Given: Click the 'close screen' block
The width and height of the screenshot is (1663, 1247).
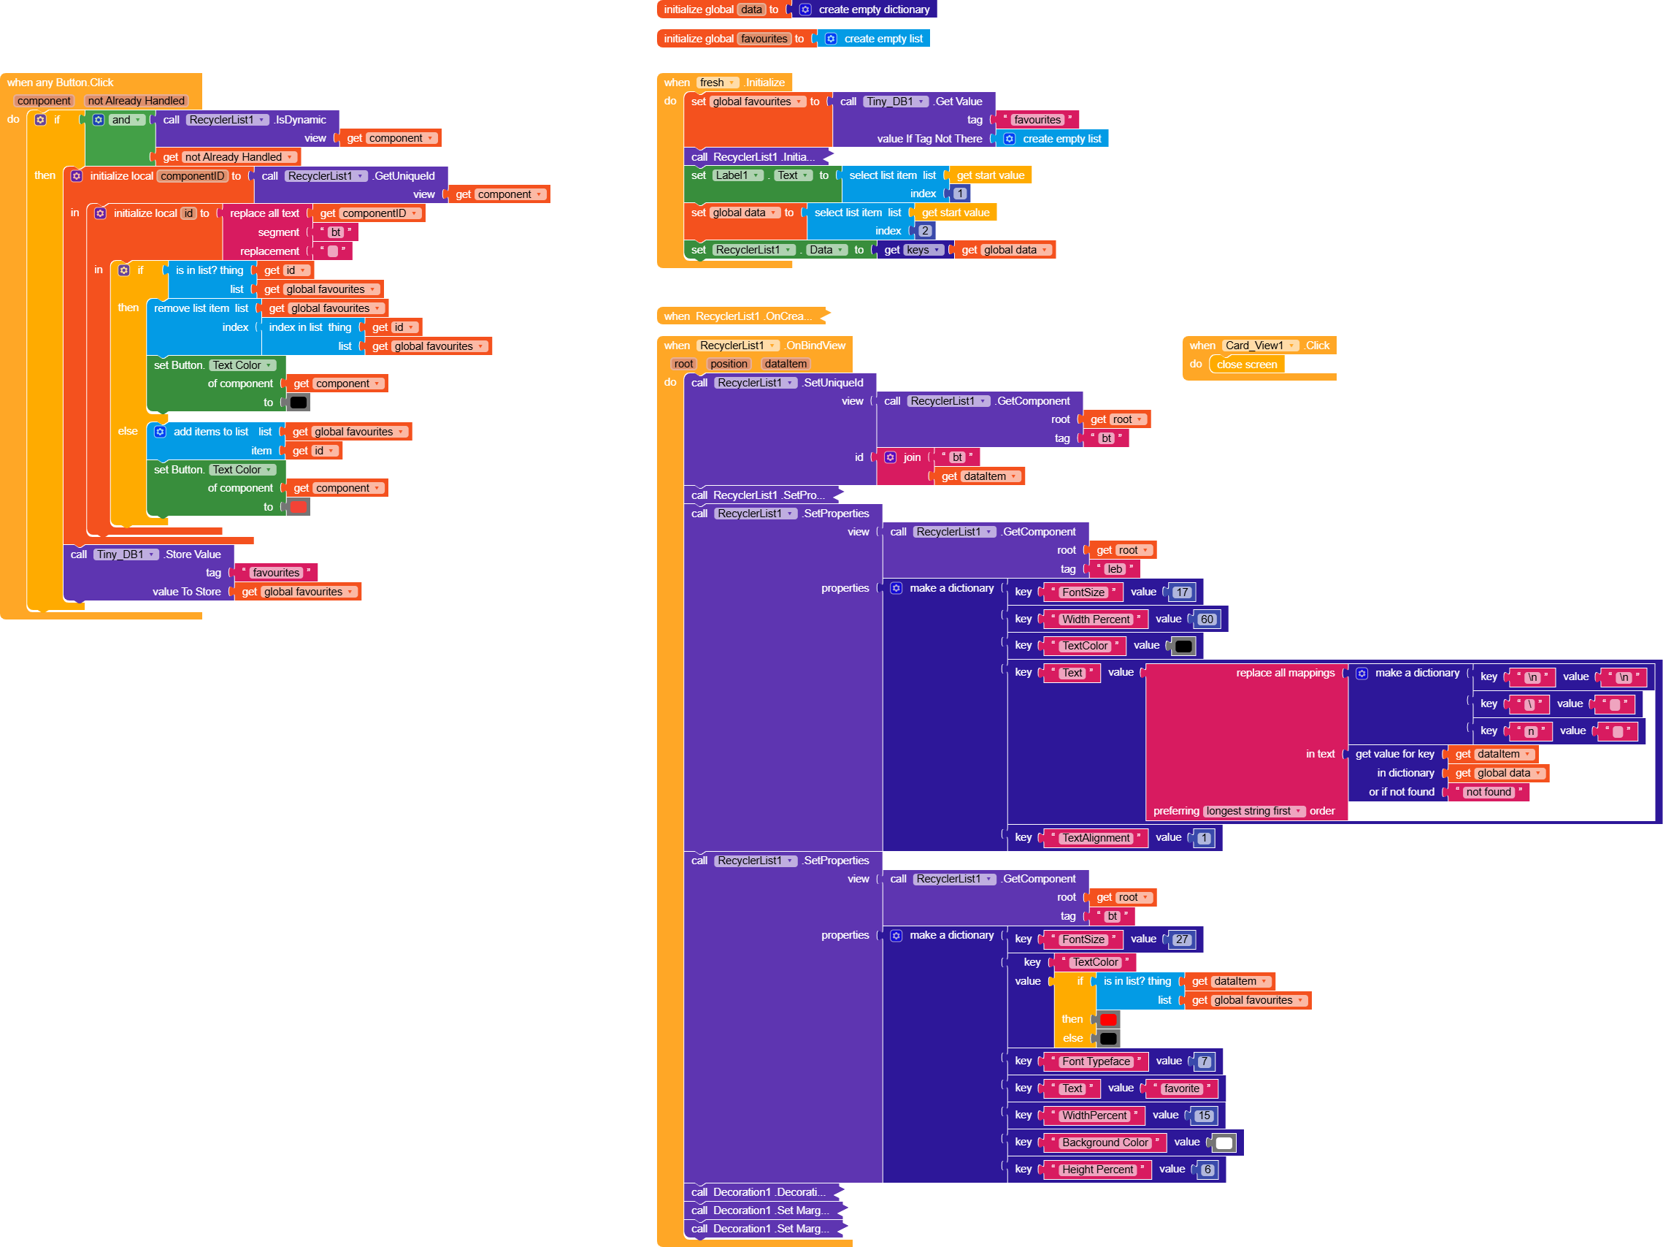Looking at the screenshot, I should [1246, 365].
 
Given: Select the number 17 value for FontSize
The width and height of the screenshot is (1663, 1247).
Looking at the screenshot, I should [1182, 592].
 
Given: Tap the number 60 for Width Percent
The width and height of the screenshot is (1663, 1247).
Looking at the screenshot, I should [1207, 619].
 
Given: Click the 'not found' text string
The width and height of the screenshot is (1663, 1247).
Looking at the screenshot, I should [1488, 792].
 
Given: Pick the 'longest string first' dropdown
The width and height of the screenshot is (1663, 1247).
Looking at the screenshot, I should [1254, 811].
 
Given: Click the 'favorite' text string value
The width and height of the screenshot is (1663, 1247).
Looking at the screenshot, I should [1181, 1088].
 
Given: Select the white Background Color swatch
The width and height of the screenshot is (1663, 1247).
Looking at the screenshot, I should [1224, 1143].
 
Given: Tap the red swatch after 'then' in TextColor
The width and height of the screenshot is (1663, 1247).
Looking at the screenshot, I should [1108, 1019].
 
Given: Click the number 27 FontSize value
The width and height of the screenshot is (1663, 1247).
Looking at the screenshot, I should [1182, 939].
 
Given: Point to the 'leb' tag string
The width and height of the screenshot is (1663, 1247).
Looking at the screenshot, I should [1115, 569].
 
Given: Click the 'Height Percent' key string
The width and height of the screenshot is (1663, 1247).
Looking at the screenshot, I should [1097, 1170].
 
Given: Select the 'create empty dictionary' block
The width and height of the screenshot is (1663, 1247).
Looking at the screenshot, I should [873, 9].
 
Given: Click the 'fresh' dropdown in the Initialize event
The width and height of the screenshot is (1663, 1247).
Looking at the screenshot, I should [717, 83].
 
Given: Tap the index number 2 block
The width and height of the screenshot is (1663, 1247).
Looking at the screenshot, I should [926, 231].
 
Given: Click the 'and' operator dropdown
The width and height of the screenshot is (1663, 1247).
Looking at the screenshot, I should [126, 120].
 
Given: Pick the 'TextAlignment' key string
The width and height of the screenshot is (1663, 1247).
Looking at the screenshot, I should [1095, 838].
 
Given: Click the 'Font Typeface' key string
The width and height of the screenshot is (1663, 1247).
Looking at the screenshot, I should [1095, 1061].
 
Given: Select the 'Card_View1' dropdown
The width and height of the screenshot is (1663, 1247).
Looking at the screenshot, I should [1260, 346].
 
